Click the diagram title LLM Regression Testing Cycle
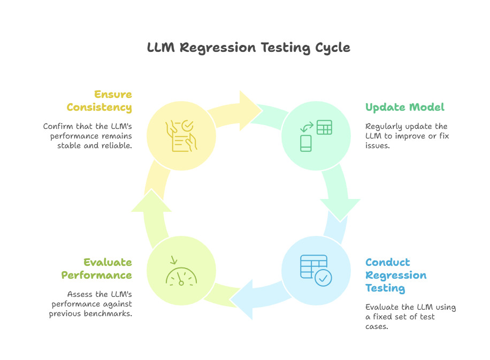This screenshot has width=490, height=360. [249, 48]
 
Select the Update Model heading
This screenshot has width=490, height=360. [404, 107]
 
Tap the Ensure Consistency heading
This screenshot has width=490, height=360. [99, 101]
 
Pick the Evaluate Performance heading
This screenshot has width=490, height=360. [97, 269]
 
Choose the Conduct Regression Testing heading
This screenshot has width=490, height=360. [396, 275]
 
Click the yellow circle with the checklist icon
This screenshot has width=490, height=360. [181, 136]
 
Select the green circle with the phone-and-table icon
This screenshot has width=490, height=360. [316, 136]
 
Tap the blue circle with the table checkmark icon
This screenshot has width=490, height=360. [316, 271]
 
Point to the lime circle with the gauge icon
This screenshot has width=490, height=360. [181, 271]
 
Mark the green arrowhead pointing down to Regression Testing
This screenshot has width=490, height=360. [340, 209]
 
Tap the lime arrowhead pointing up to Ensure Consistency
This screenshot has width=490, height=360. [151, 201]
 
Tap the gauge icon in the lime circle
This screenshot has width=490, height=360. [181, 274]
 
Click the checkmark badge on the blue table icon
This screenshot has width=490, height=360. [323, 277]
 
